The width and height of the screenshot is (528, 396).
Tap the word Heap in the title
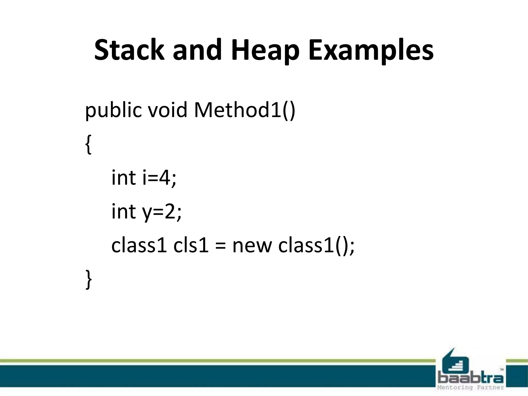[x=265, y=50]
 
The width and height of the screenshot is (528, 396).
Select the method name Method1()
[x=244, y=110]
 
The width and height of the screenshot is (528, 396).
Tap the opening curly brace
[x=88, y=145]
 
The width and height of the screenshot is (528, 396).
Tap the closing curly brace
[x=88, y=279]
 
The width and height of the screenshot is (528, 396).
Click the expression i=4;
[x=159, y=178]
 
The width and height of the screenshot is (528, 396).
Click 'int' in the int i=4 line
[x=123, y=178]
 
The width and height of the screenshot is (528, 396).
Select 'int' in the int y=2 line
[x=123, y=211]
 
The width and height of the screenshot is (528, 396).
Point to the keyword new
[x=252, y=246]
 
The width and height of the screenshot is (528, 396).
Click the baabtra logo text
[x=471, y=378]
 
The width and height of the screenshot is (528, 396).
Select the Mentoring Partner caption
[x=471, y=387]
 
